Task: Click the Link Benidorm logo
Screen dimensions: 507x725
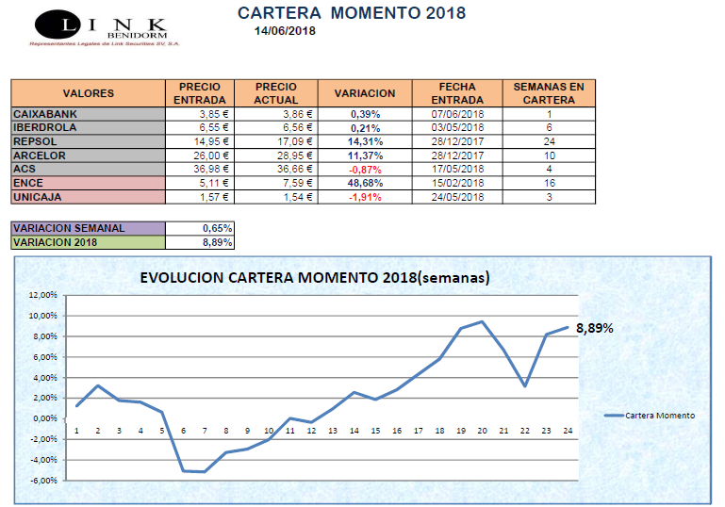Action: pyautogui.click(x=99, y=28)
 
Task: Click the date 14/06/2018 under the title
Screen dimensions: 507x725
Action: pyautogui.click(x=285, y=30)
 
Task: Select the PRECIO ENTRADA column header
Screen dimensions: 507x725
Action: pyautogui.click(x=199, y=93)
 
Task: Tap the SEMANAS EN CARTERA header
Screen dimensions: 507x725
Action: pyautogui.click(x=548, y=93)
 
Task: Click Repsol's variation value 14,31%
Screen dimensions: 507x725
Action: pyautogui.click(x=364, y=141)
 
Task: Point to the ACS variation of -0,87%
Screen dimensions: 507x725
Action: pyautogui.click(x=364, y=169)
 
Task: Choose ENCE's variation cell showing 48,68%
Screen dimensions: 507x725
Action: pyautogui.click(x=364, y=183)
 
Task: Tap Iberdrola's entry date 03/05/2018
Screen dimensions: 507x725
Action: pyautogui.click(x=457, y=127)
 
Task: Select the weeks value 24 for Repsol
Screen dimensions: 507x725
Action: pyautogui.click(x=548, y=141)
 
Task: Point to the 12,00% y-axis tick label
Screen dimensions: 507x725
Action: pyautogui.click(x=43, y=295)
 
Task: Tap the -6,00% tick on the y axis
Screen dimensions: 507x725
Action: pyautogui.click(x=43, y=481)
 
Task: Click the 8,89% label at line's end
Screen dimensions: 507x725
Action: pyautogui.click(x=594, y=329)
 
